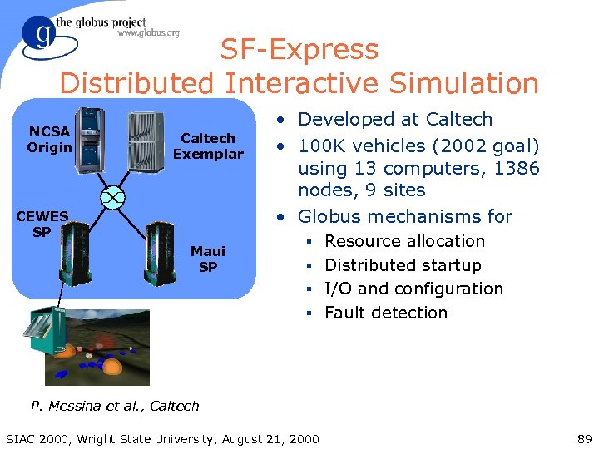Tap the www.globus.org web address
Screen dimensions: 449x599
pyautogui.click(x=148, y=33)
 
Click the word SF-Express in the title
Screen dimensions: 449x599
pyautogui.click(x=299, y=50)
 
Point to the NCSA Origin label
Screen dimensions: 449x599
pyautogui.click(x=49, y=140)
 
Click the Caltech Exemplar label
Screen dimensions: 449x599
pyautogui.click(x=208, y=146)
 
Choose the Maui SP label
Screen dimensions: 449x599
pyautogui.click(x=208, y=259)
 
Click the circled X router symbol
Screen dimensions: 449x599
pyautogui.click(x=111, y=196)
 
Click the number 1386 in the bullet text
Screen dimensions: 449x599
pyautogui.click(x=515, y=169)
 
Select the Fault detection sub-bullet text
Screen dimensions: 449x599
pyautogui.click(x=386, y=313)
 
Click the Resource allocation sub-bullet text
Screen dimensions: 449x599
pyautogui.click(x=404, y=241)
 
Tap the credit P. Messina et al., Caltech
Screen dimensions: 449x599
pyautogui.click(x=115, y=406)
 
